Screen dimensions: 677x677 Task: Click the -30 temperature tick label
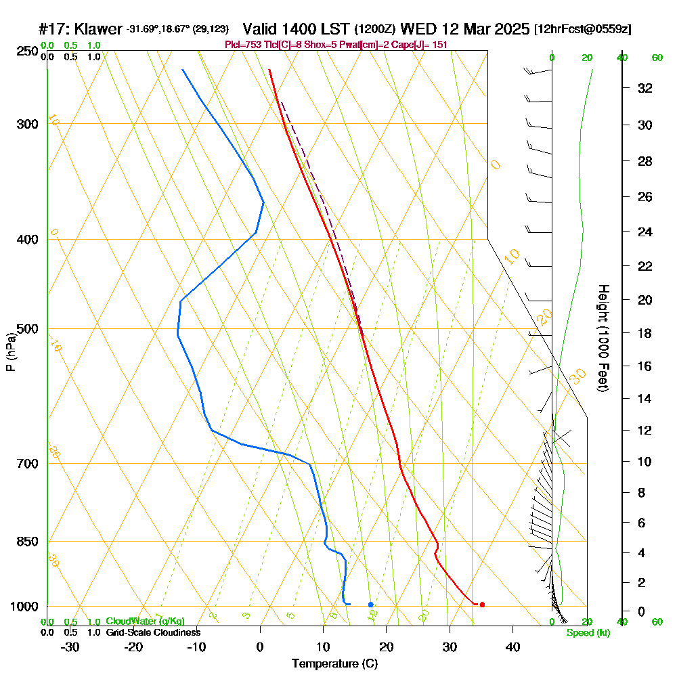click(x=70, y=647)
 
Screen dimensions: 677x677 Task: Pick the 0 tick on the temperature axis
click(x=261, y=647)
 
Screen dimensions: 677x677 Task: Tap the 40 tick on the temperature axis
click(x=512, y=647)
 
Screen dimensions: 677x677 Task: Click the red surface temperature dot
click(x=482, y=605)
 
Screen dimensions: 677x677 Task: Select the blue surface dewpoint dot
click(x=370, y=604)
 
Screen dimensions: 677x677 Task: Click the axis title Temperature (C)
click(x=334, y=663)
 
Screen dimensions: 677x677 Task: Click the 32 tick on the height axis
click(x=645, y=87)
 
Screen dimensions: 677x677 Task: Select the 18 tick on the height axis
click(x=645, y=333)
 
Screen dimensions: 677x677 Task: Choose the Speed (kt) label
click(x=588, y=633)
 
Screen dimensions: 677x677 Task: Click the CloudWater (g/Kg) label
click(x=145, y=621)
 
